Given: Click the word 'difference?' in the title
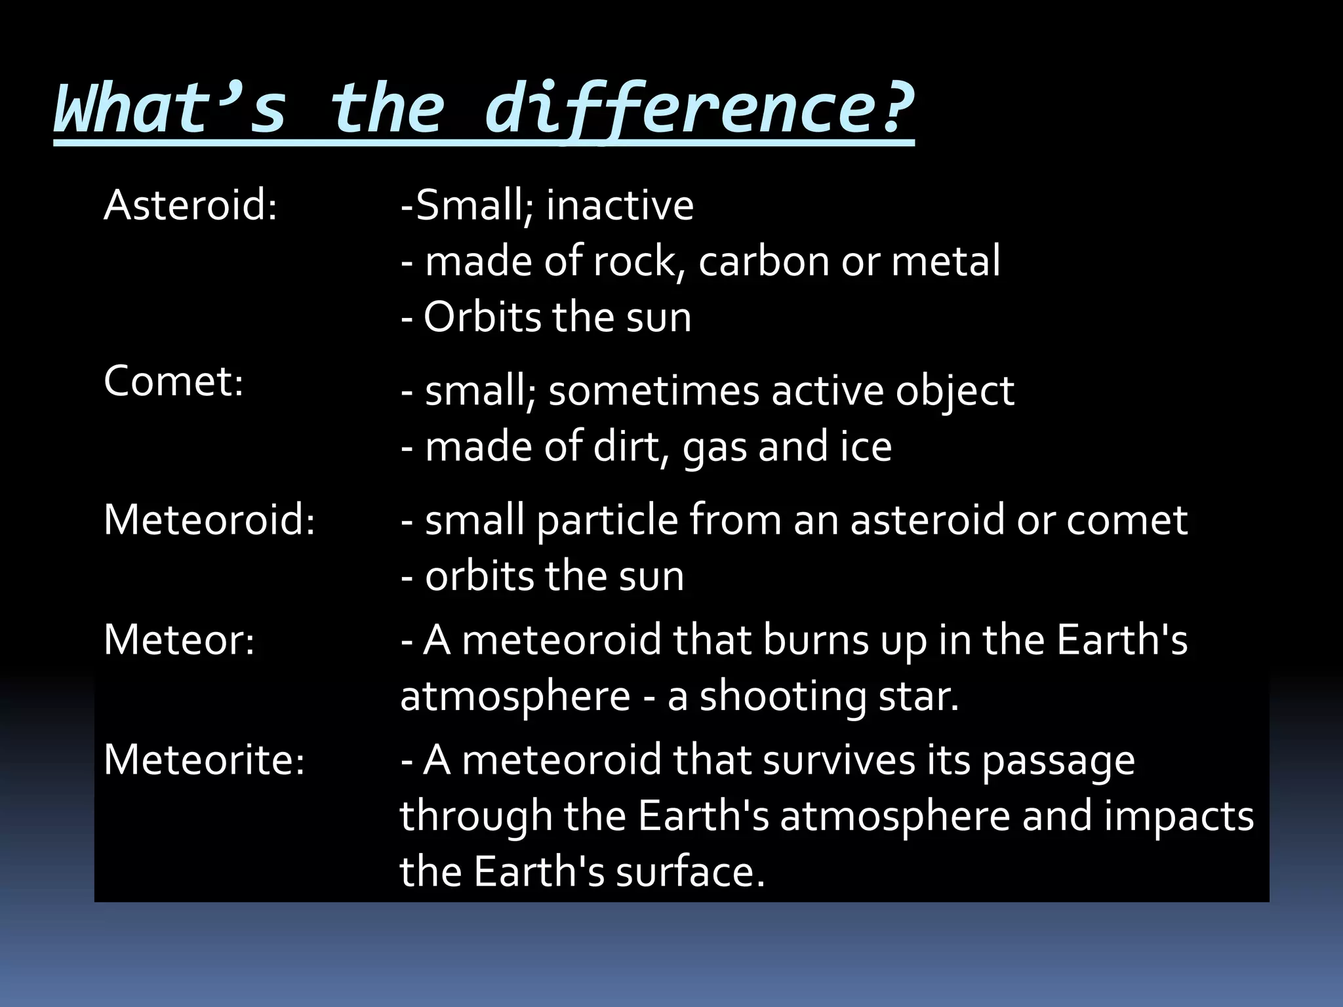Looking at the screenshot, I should coord(698,108).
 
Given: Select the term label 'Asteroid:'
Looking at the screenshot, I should coord(191,205).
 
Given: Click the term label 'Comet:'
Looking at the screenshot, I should coord(174,381).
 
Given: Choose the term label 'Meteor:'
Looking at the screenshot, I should coord(179,640).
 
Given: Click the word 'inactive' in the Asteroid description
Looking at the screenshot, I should coord(620,205).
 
